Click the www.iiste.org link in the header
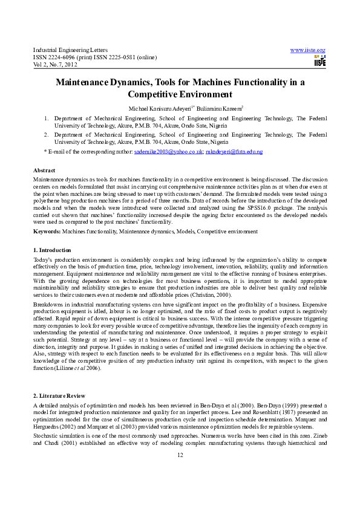[308, 50]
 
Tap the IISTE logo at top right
[320, 60]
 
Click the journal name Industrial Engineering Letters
[70, 50]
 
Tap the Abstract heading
[44, 171]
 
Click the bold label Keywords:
[47, 231]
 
